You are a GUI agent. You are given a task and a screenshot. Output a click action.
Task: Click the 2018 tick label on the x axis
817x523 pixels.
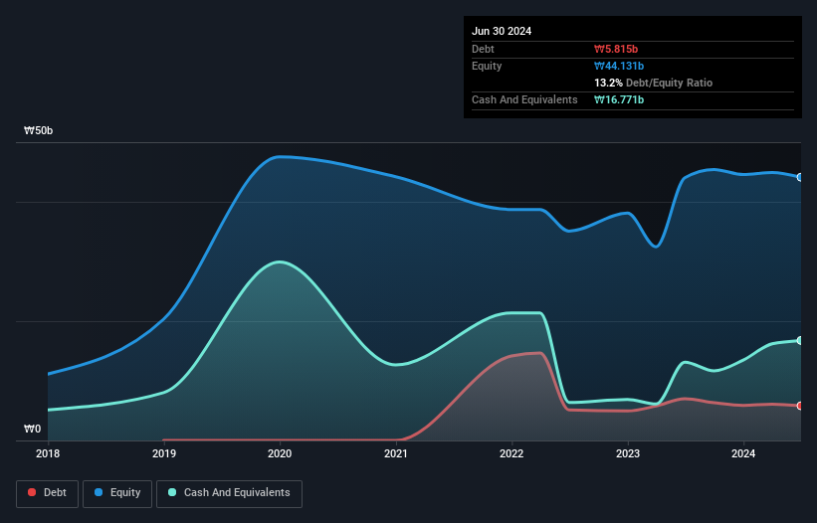coord(48,453)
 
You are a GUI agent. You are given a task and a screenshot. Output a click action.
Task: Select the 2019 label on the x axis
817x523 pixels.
coord(164,453)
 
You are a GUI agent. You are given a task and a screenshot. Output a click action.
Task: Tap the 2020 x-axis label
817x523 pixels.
coord(280,453)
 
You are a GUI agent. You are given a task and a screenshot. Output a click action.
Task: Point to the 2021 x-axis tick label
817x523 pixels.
coord(396,453)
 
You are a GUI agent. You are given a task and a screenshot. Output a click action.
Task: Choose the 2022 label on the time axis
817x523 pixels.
coord(511,453)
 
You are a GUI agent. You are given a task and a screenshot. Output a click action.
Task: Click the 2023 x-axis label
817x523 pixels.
coord(628,453)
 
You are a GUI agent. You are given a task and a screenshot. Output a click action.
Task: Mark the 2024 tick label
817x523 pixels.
coord(743,453)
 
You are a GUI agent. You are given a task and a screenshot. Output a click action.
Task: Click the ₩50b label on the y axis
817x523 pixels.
coord(39,131)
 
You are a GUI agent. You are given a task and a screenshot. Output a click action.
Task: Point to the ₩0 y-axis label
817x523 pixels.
coord(33,430)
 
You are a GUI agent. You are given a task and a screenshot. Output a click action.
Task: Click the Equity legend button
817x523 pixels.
coord(117,492)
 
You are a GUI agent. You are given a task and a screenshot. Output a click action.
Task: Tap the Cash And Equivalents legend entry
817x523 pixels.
coord(229,492)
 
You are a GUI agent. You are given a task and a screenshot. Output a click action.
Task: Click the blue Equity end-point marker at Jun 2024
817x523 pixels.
coord(800,177)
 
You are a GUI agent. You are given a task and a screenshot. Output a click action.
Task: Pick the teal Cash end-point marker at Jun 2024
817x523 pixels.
coord(800,340)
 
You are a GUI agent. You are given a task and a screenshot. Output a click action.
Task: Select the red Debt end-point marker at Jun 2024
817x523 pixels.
coord(800,406)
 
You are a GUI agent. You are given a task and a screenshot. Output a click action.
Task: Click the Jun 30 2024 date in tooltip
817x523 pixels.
coord(502,31)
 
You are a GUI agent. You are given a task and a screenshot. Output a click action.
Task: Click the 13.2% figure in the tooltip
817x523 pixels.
coord(608,83)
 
